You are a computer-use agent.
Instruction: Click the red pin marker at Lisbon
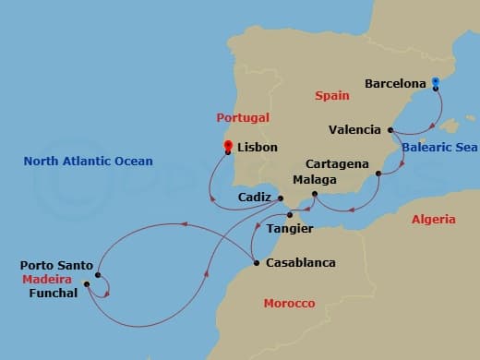point(229,146)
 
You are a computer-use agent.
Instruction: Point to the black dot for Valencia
point(390,130)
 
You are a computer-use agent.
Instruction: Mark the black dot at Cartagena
point(378,173)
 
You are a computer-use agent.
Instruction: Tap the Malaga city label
point(314,179)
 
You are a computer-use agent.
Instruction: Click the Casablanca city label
point(300,263)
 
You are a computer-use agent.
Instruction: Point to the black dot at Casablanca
point(256,263)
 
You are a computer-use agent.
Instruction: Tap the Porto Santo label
point(56,266)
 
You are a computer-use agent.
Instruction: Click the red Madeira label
point(48,279)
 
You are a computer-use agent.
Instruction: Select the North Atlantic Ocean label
point(89,162)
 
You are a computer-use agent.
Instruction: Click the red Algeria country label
point(433,219)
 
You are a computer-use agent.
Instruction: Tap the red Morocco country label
point(289,303)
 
